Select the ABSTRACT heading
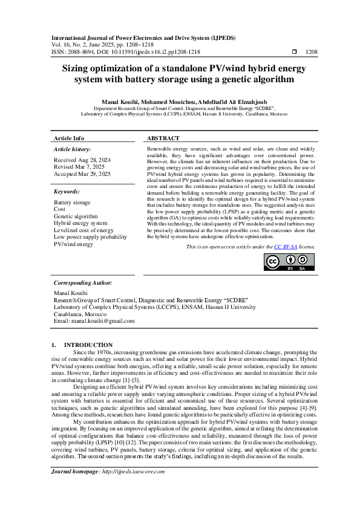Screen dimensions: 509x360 [163, 138]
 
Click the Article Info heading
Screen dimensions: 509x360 [69, 138]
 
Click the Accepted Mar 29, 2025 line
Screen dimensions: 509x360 [82, 174]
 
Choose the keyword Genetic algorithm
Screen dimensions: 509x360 [76, 216]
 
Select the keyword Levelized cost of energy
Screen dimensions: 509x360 [83, 230]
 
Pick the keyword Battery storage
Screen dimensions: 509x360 [72, 202]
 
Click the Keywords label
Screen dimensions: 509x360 [67, 191]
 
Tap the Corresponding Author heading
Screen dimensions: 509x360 [83, 282]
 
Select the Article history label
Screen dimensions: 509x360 [73, 149]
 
